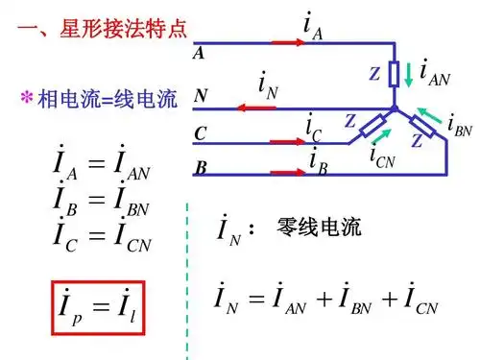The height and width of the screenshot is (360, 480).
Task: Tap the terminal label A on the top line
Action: click(x=199, y=54)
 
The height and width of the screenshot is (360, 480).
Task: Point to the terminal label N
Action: click(x=200, y=95)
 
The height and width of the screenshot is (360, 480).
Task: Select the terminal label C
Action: click(x=200, y=133)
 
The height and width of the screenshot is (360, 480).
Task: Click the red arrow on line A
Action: click(x=288, y=43)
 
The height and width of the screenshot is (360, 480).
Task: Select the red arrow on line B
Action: click(x=288, y=173)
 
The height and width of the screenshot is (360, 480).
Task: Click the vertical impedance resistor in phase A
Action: click(x=395, y=72)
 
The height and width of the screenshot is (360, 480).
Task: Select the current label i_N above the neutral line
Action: click(x=268, y=85)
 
